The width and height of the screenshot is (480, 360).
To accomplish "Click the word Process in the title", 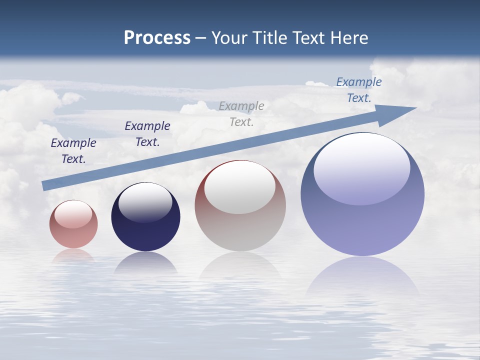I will (x=157, y=38).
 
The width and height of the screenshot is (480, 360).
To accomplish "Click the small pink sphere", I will (x=73, y=224).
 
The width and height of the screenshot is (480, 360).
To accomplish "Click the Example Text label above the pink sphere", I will (x=73, y=151).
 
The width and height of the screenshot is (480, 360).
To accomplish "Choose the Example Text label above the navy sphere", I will (x=147, y=134).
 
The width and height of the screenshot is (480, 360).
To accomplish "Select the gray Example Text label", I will (x=241, y=113).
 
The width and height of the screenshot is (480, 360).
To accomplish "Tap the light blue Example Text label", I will (x=359, y=90).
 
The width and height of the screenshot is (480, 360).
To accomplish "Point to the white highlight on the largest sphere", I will (x=361, y=169).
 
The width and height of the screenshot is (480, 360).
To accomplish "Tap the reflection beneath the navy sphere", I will (x=145, y=263).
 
